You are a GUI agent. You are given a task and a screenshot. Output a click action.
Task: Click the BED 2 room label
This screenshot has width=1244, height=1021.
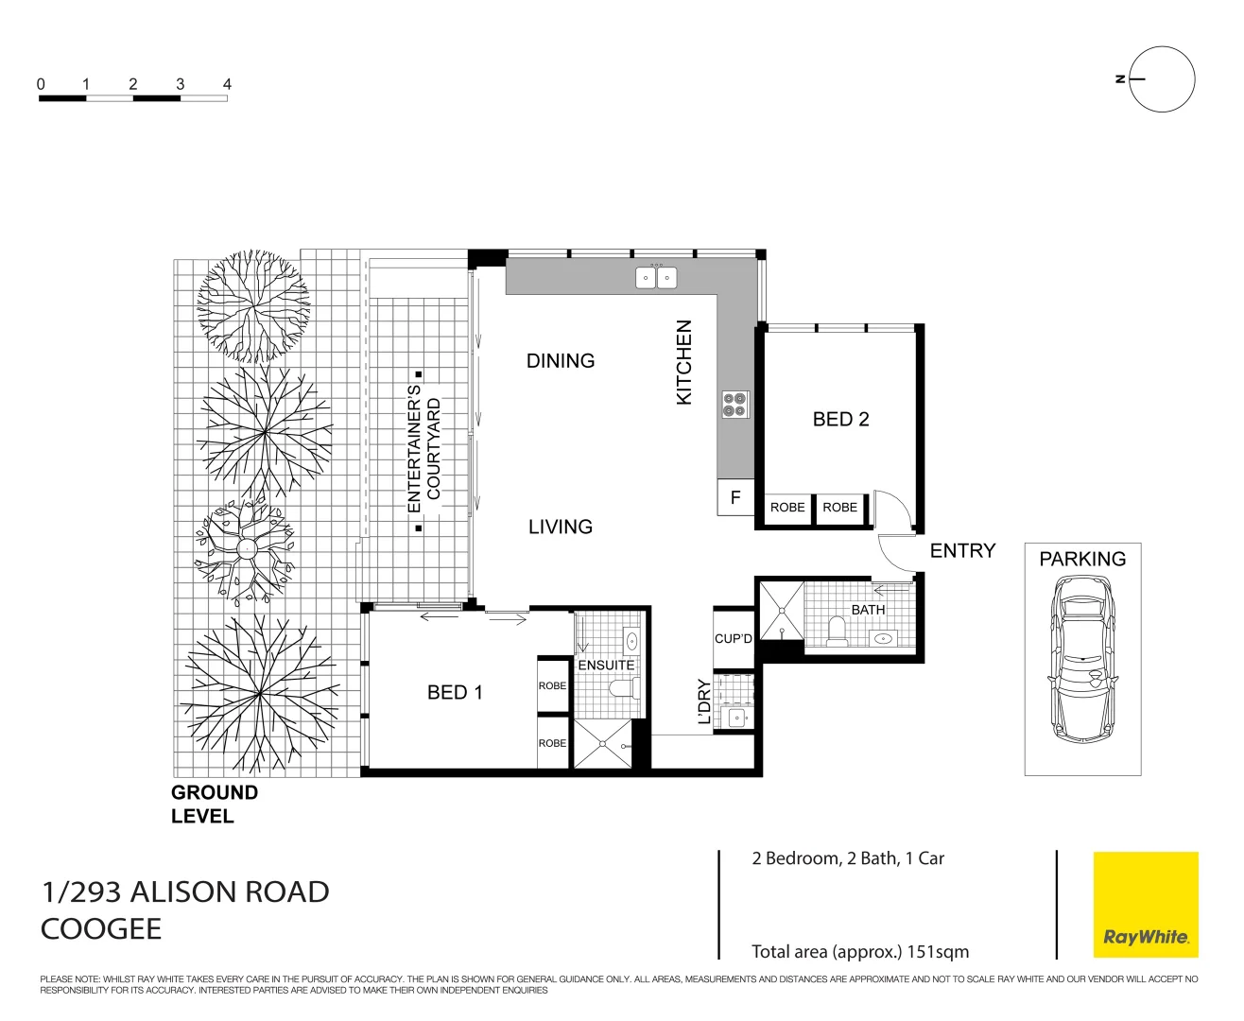tap(840, 419)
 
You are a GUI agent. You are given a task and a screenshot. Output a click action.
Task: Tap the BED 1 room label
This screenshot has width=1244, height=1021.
tap(455, 692)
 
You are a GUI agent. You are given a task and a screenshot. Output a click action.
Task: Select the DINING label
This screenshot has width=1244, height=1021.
tap(561, 360)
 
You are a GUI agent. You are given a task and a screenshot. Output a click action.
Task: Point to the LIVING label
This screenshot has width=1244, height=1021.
tap(561, 527)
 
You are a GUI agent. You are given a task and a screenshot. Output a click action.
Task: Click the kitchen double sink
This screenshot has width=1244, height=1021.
tap(656, 278)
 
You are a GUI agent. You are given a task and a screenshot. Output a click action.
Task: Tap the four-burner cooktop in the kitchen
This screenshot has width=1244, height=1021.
tap(735, 405)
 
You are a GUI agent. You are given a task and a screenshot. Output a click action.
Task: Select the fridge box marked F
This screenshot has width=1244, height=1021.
tap(735, 497)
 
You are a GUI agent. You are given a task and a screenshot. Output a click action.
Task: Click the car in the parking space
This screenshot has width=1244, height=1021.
tap(1082, 660)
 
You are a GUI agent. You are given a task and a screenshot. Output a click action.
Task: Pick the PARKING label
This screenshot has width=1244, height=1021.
tap(1082, 559)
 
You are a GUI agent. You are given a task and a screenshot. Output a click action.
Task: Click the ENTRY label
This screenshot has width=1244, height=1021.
tap(962, 550)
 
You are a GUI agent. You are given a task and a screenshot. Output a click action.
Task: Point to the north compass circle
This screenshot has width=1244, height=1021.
tap(1162, 79)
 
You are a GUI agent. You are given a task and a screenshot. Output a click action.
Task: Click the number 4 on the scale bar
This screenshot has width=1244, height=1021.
tap(227, 84)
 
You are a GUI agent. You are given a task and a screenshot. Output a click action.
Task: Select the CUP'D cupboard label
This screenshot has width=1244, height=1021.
tap(734, 638)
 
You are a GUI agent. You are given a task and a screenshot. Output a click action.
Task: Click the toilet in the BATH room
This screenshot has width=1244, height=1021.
tap(837, 632)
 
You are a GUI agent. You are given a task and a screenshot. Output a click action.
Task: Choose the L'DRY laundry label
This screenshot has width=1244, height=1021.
tap(703, 701)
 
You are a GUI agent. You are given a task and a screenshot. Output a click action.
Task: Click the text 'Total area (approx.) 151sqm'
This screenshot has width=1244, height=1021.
tap(860, 951)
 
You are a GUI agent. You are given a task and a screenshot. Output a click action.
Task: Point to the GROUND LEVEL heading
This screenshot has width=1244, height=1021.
tap(214, 805)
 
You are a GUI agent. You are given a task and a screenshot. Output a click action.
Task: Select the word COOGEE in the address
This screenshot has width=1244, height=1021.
tap(101, 928)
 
